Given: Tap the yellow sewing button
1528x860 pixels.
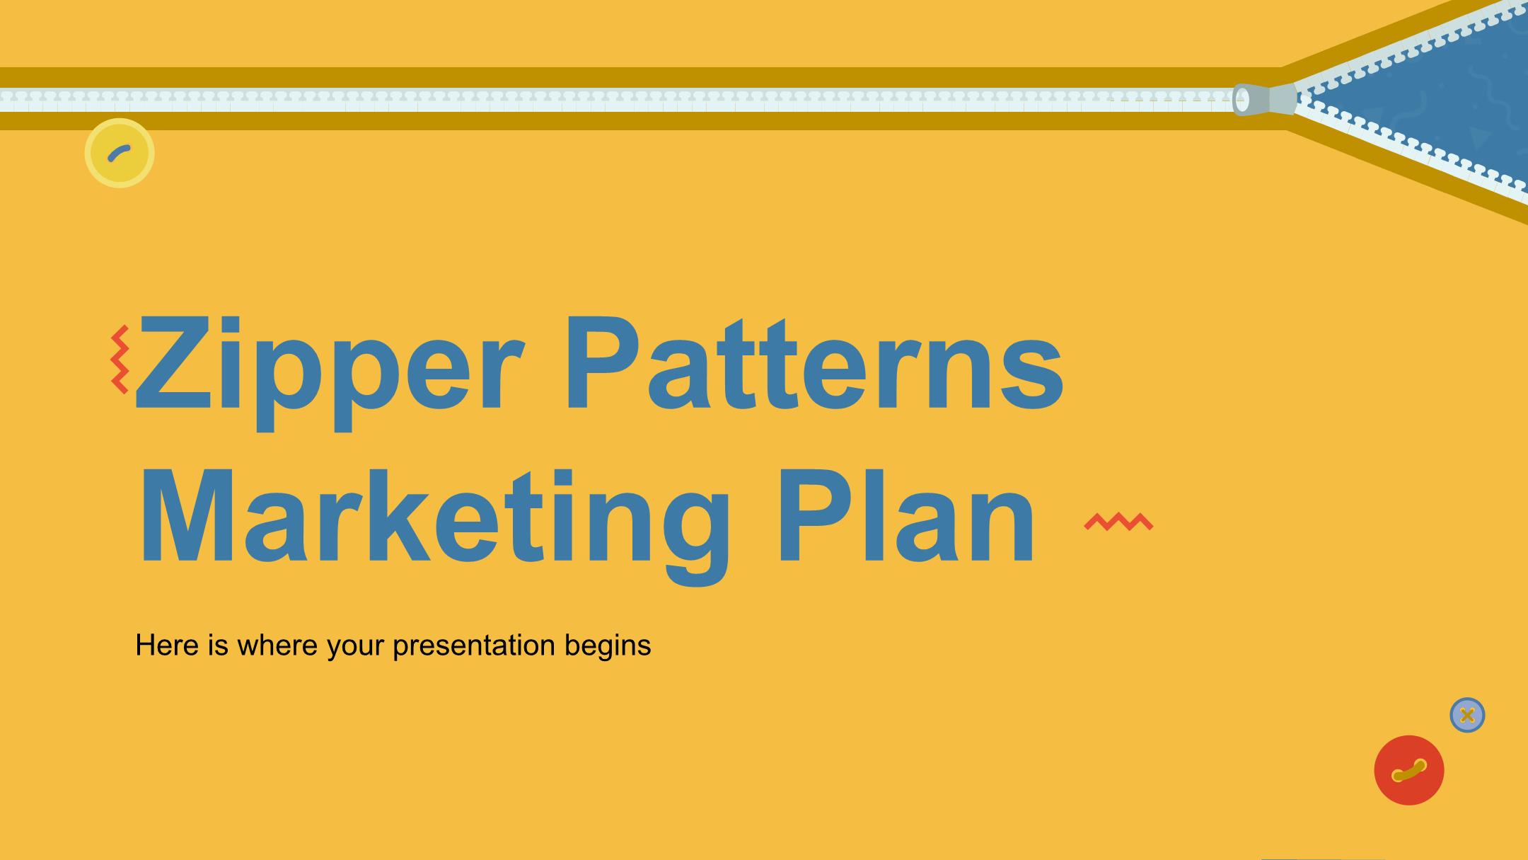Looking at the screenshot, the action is (120, 153).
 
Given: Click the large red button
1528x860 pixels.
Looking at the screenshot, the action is (1408, 770).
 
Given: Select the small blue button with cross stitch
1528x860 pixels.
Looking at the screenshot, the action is (1467, 715).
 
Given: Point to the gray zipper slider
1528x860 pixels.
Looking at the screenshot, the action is (1265, 100).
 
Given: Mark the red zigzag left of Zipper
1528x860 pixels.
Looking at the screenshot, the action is (120, 360).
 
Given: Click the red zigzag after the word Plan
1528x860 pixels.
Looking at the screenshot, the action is (1119, 522).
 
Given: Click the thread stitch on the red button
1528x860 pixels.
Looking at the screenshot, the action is (1408, 770).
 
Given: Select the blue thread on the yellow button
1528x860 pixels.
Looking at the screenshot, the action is (118, 152).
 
